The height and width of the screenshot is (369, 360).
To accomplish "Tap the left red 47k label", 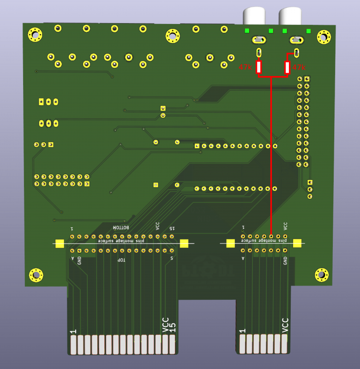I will [245, 67].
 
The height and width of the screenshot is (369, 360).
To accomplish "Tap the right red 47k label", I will [299, 67].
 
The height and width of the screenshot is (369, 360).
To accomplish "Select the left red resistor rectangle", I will [259, 67].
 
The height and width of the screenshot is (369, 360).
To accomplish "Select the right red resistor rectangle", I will [287, 68].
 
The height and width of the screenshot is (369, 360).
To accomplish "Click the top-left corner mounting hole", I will [35, 34].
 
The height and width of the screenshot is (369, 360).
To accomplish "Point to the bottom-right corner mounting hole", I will [322, 275].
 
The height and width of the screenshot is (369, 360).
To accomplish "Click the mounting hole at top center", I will [172, 35].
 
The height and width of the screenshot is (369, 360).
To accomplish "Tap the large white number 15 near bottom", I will [173, 327].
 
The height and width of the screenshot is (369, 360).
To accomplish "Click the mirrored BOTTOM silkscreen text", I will [121, 228].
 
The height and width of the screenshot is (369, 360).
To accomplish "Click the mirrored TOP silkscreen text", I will [121, 261].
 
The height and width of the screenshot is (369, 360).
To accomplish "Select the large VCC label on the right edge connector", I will [285, 325].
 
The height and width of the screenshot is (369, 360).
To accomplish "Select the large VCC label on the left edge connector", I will [165, 324].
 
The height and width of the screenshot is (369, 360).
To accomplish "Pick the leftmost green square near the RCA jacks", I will [247, 31].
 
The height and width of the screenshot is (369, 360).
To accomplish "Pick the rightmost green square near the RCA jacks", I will [308, 31].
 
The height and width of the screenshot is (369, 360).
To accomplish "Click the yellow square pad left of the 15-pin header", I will [59, 244].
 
